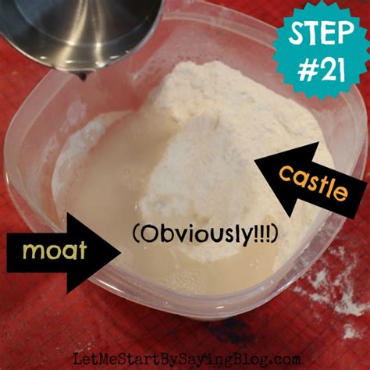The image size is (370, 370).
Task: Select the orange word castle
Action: (x=313, y=184)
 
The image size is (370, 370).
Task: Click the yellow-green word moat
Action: (x=55, y=251)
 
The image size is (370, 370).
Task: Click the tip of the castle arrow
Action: (x=256, y=162)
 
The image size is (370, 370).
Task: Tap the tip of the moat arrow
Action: (x=120, y=251)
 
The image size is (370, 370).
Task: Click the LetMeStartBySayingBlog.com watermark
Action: (x=187, y=360)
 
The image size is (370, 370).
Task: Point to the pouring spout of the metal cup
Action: (x=83, y=76)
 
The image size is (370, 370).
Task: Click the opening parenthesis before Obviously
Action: (x=135, y=233)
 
